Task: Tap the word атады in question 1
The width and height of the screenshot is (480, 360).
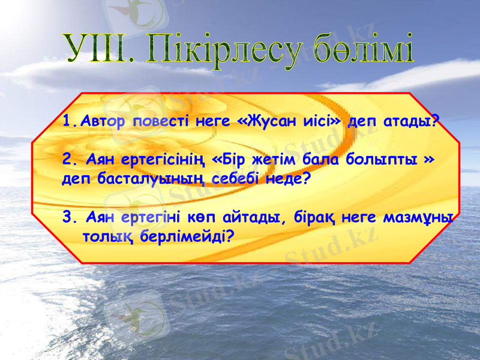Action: pos(410,122)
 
